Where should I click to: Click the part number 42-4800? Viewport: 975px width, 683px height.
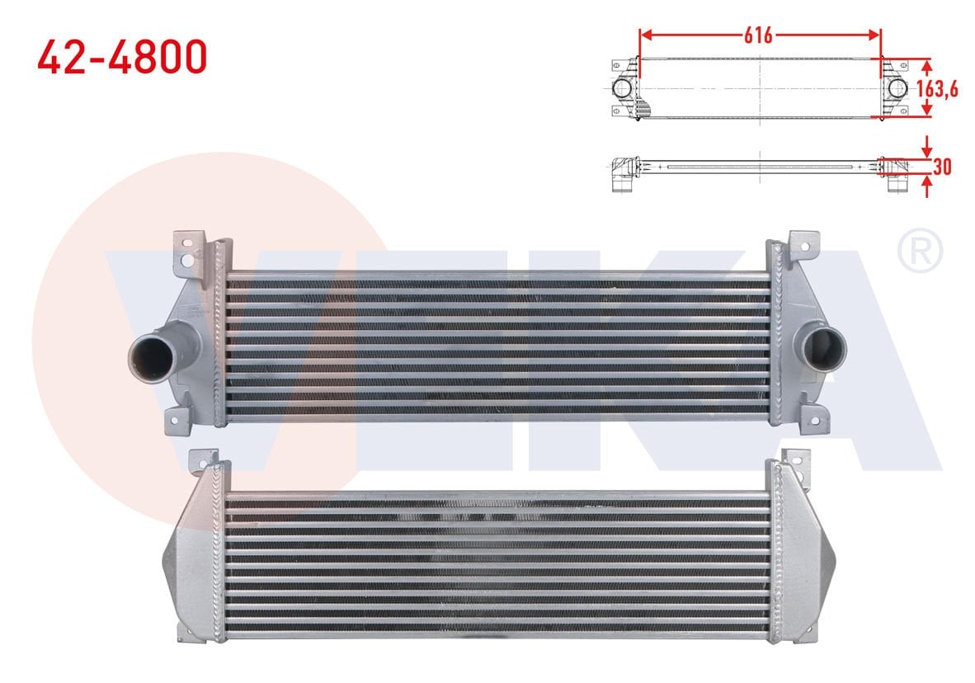(121, 56)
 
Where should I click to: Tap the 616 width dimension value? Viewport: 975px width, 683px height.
(758, 35)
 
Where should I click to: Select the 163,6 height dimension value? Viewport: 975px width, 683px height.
(939, 88)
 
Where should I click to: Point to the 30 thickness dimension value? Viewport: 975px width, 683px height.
(943, 166)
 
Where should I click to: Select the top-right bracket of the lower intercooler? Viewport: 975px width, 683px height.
(794, 459)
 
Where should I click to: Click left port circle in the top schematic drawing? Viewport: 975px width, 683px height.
(622, 88)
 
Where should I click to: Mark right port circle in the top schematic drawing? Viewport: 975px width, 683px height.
(897, 88)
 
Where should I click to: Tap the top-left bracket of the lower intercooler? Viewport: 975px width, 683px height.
(202, 458)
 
